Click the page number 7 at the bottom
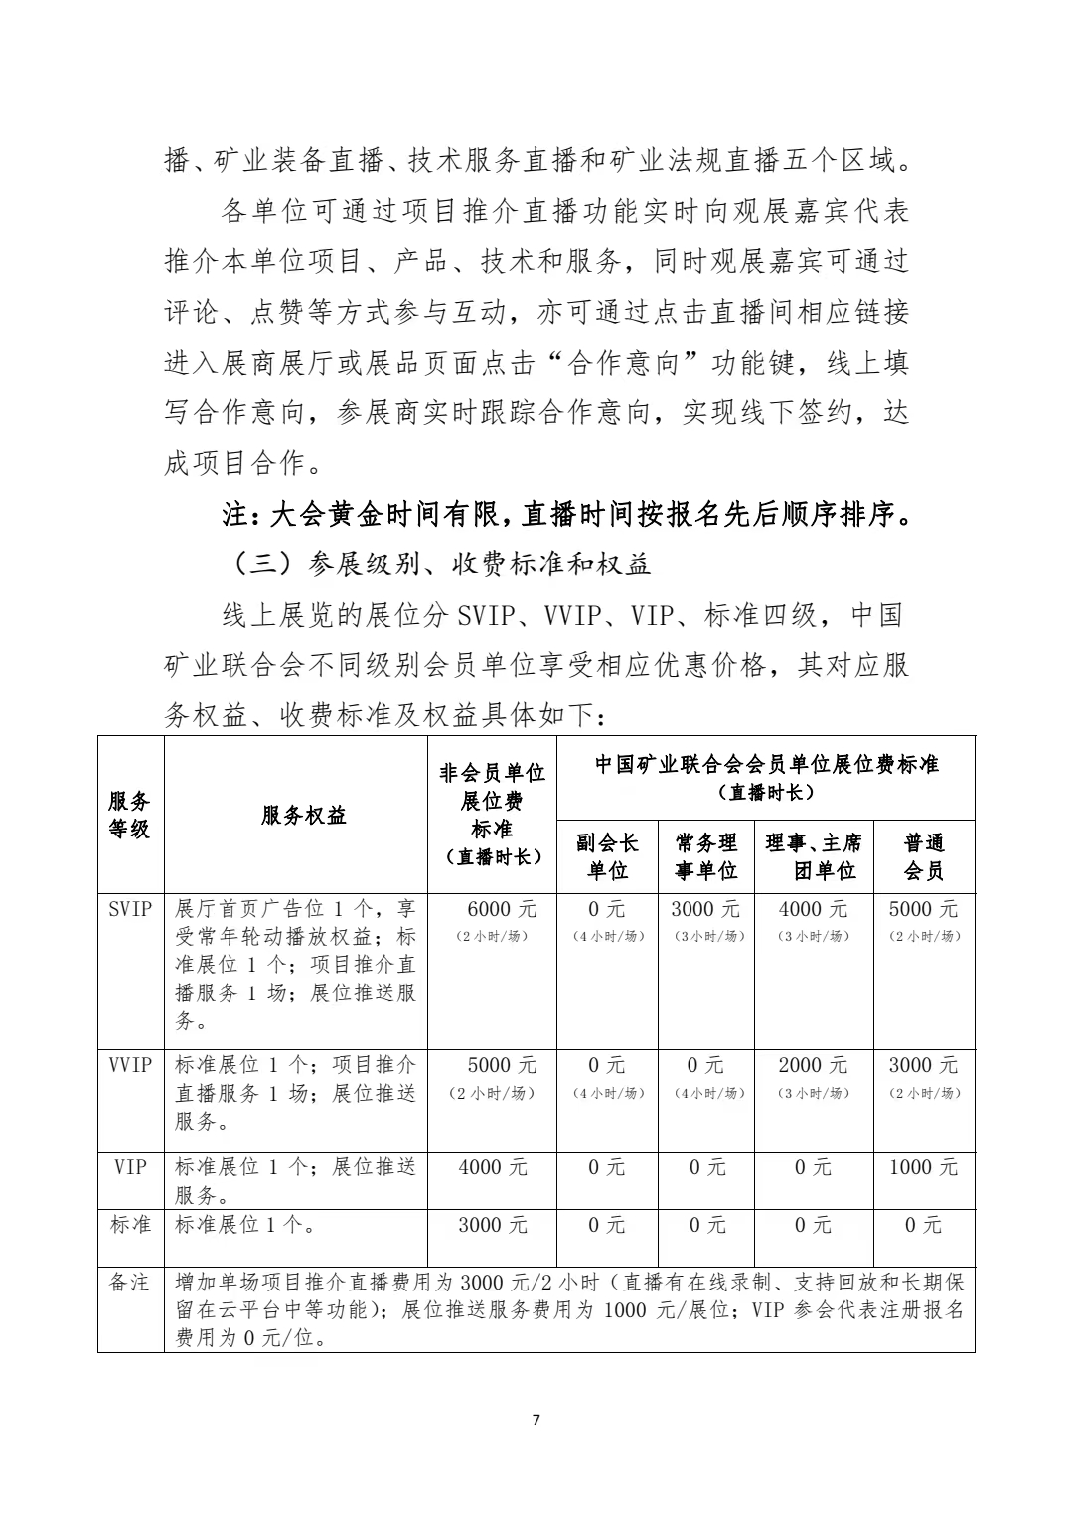[x=536, y=1419]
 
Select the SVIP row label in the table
[x=130, y=908]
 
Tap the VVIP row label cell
[x=130, y=1065]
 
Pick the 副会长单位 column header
[x=606, y=856]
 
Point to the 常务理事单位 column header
[x=705, y=856]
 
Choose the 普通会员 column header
[x=924, y=856]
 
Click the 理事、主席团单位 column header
[x=814, y=856]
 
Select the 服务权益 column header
[x=304, y=816]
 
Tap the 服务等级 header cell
[x=130, y=815]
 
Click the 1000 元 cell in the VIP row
[x=924, y=1168]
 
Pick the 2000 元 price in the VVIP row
[x=814, y=1065]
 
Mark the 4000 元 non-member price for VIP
[x=493, y=1168]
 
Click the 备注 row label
[x=130, y=1283]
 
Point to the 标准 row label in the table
[x=130, y=1225]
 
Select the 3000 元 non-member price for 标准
[x=493, y=1226]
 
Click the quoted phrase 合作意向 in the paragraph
[x=623, y=364]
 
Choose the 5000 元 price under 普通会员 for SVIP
[x=924, y=909]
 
